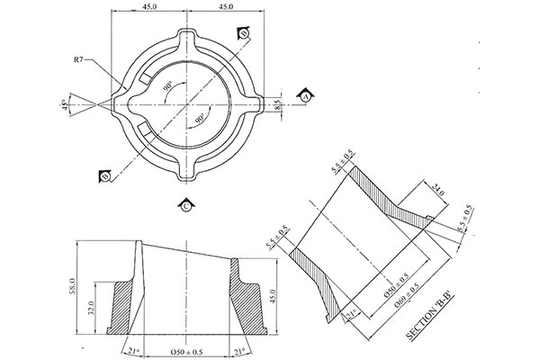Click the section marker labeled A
306,95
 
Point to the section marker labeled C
185,206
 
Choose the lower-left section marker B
106,176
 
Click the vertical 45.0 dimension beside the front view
272,295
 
